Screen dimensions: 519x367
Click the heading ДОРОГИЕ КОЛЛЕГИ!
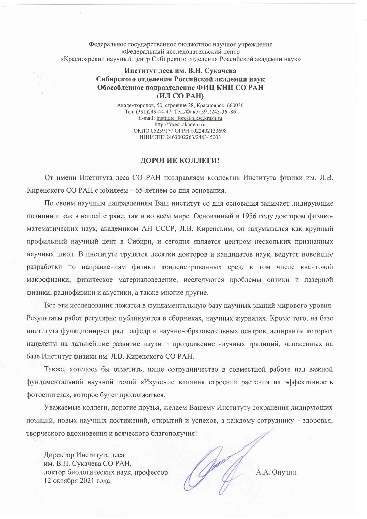click(x=180, y=161)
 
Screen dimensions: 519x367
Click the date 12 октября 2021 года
click(x=77, y=481)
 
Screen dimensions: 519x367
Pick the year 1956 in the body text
click(x=249, y=216)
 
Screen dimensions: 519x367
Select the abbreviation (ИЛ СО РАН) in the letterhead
click(x=180, y=96)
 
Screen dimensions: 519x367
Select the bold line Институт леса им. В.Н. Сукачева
click(x=180, y=71)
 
